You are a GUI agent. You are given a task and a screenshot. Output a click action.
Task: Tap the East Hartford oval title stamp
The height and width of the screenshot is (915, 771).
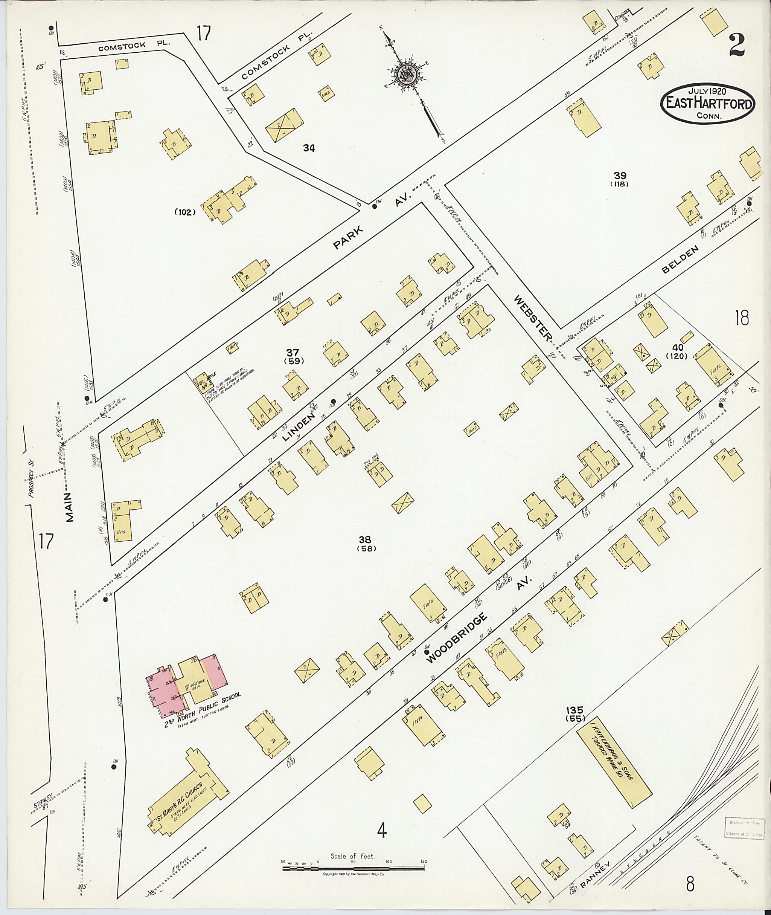708,103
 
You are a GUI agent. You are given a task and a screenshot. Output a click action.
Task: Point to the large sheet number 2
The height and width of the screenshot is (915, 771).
737,45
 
